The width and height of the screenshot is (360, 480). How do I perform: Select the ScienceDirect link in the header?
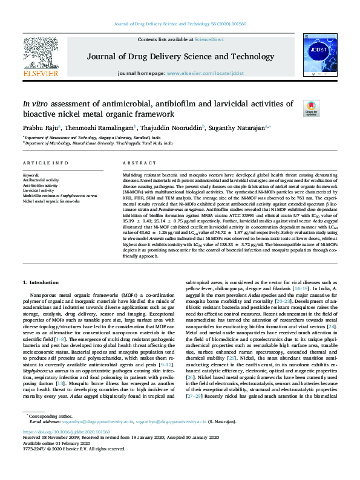pos(209,39)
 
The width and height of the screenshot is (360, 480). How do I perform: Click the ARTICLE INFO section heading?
pos(45,164)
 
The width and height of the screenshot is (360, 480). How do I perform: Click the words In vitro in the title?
pos(37,103)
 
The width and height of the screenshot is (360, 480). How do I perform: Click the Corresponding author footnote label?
pos(47,417)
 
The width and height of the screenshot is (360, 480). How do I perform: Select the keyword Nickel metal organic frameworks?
pos(51,201)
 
